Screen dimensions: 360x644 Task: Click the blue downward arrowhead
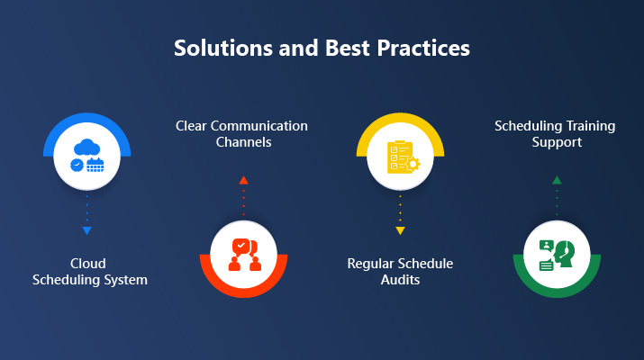coord(86,231)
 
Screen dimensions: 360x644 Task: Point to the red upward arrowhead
coord(242,180)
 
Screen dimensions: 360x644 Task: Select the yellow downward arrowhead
coord(400,231)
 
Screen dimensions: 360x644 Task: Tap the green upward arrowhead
coord(556,180)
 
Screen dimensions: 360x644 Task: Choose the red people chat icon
coord(243,255)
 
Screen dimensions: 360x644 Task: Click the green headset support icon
coord(556,255)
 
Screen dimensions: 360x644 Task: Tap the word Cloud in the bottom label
coord(87,264)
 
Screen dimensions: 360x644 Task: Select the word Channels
coord(241,143)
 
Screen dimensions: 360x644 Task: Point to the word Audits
coord(400,280)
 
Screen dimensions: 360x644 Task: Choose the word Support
coord(556,142)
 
